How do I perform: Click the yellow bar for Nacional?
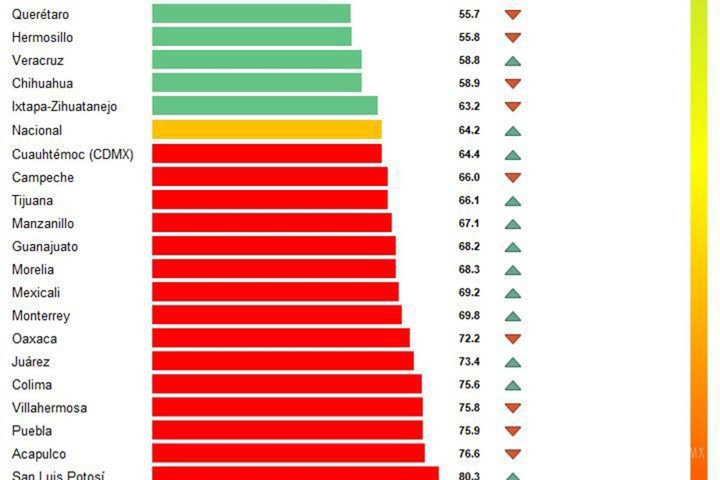[266, 130]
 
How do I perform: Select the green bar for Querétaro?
[251, 13]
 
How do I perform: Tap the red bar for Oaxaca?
[280, 338]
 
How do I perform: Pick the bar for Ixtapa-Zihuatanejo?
[265, 106]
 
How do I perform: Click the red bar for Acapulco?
[288, 454]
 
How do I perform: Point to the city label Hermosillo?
[42, 37]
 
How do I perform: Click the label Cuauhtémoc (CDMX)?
[73, 154]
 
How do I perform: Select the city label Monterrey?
[41, 316]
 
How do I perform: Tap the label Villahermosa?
[49, 408]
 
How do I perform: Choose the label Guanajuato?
[45, 247]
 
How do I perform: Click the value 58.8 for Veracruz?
[469, 61]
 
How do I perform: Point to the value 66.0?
[469, 178]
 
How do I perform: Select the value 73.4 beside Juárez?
[469, 362]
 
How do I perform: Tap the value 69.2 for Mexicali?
[469, 293]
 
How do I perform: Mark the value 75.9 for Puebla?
[469, 431]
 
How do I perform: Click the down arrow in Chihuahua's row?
[512, 83]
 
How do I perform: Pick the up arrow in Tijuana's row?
[512, 201]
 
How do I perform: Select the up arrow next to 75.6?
[512, 385]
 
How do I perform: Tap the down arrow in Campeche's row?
[512, 178]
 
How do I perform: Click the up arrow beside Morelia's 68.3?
[512, 270]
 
